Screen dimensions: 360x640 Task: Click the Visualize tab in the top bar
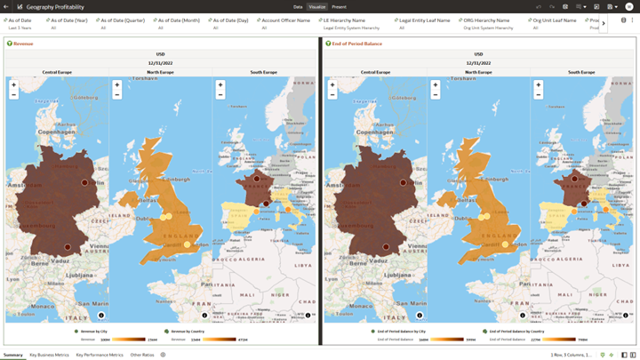317,6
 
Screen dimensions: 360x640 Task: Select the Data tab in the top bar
299,6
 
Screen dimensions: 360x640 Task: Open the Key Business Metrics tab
49,355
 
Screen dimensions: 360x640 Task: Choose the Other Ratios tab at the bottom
142,355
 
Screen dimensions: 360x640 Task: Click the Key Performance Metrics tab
100,355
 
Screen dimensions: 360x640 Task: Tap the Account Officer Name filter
285,20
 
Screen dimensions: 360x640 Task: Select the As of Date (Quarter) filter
123,20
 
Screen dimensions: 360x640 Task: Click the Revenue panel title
23,43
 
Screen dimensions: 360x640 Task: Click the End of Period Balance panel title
357,43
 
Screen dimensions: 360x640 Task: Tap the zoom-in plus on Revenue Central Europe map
13,85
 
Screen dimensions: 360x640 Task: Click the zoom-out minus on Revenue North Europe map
117,94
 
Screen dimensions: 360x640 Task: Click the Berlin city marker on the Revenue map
85,182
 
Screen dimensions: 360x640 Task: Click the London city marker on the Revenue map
188,244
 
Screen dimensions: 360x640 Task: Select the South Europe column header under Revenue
263,72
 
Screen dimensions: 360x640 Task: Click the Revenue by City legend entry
92,331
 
